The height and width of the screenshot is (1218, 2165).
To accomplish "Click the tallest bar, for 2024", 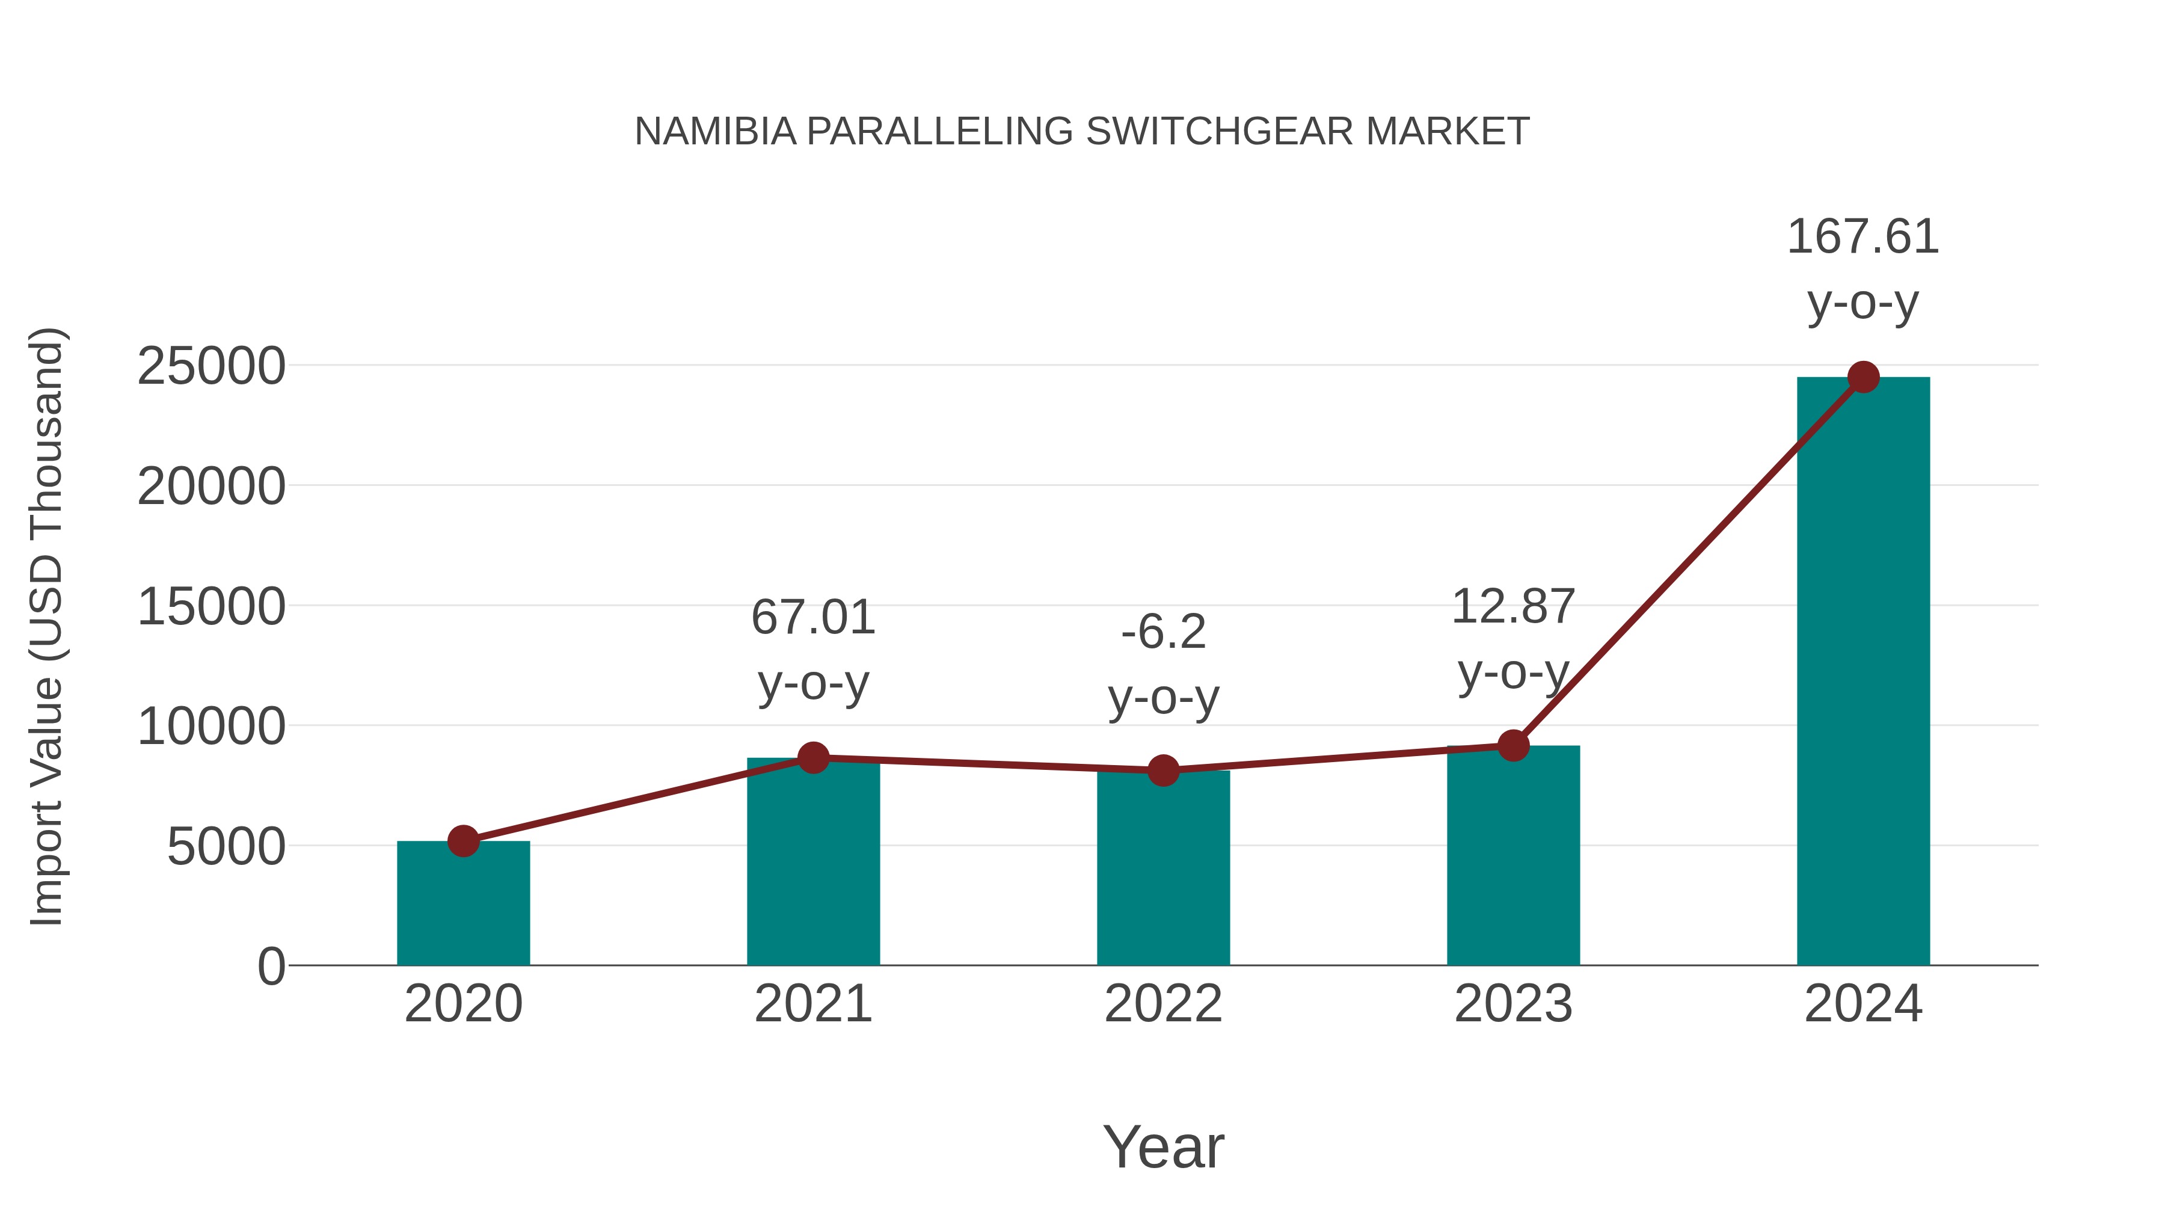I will tap(1863, 672).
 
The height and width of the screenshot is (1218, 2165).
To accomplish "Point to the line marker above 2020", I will tap(463, 841).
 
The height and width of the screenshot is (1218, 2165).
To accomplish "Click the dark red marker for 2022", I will tap(1163, 770).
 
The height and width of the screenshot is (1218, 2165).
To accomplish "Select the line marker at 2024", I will tap(1863, 377).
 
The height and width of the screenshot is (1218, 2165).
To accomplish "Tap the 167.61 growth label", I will tap(1863, 237).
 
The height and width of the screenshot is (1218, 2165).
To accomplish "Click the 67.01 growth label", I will tap(812, 618).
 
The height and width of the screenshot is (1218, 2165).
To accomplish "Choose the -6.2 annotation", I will tap(1163, 632).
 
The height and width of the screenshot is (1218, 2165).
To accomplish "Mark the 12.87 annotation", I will tap(1513, 607).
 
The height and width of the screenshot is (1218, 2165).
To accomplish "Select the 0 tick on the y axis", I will tap(271, 966).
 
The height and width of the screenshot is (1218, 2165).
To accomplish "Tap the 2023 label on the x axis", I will tap(1513, 1004).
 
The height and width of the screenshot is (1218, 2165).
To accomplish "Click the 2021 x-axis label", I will tap(812, 1004).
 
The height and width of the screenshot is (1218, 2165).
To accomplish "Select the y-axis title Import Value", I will tap(46, 626).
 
